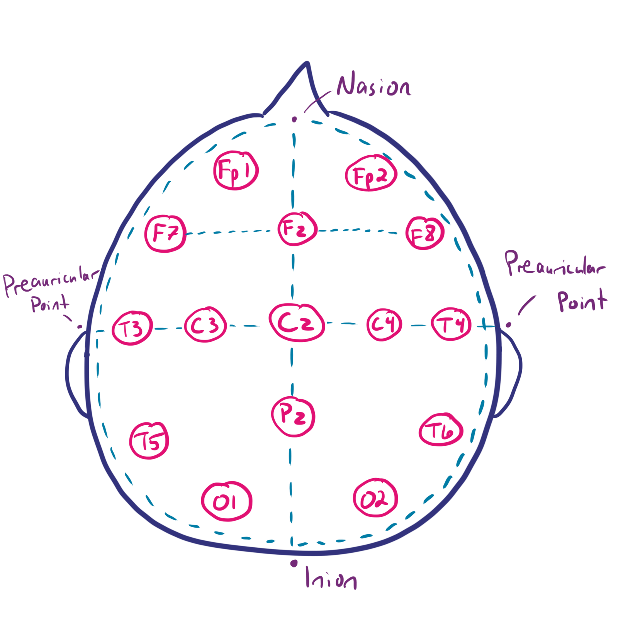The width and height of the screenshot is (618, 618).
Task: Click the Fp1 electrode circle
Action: [x=236, y=170]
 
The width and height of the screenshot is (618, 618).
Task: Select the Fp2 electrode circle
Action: [x=371, y=174]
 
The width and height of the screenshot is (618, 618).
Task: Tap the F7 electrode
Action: [x=166, y=233]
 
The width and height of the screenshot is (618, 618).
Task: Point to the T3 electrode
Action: [x=132, y=328]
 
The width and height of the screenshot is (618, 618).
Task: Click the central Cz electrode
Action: [x=297, y=323]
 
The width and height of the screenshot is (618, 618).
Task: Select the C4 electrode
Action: [x=384, y=324]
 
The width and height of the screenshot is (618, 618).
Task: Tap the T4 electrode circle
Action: [x=451, y=324]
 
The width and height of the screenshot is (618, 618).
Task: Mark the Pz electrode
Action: [x=294, y=417]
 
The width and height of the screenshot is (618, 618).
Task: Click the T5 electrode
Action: [x=149, y=441]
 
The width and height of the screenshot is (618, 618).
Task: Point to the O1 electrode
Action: [x=227, y=502]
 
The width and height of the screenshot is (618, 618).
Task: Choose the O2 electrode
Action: [x=375, y=499]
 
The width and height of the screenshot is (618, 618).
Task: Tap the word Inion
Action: [x=331, y=578]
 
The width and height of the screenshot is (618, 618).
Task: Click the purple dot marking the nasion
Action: [x=294, y=120]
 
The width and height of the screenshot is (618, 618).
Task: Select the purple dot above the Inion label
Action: [x=294, y=564]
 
